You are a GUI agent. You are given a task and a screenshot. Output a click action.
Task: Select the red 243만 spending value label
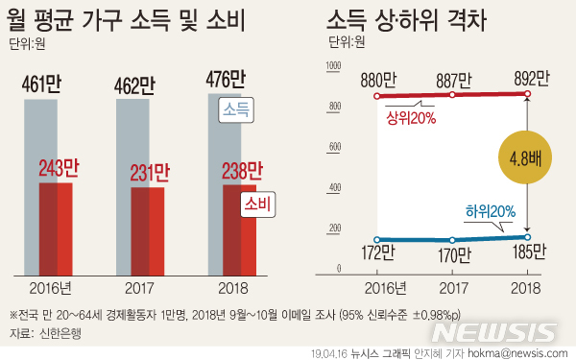point(58,170)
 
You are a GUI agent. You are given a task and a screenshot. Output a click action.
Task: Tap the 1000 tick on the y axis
point(334,66)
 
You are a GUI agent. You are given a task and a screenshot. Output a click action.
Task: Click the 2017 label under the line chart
point(452,287)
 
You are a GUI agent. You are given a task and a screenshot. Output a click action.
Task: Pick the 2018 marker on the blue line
point(526,237)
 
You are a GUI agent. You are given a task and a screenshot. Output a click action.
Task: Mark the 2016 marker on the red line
point(377,96)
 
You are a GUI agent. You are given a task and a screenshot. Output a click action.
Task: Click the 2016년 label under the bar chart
point(56,287)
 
